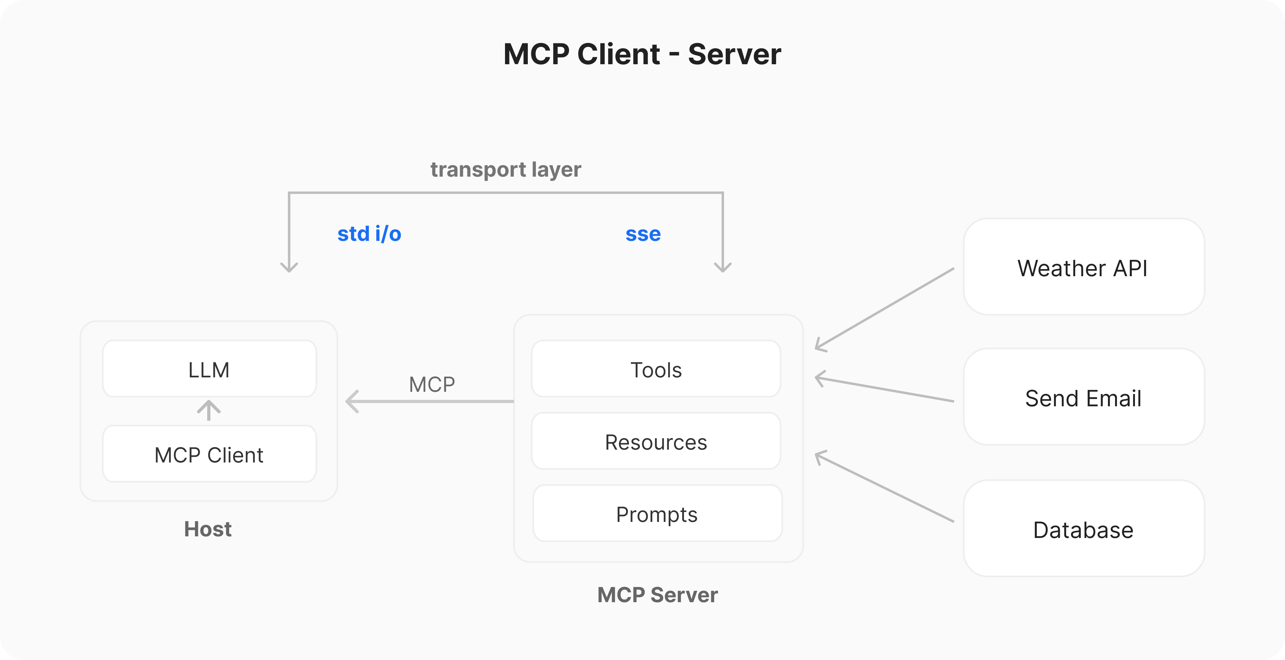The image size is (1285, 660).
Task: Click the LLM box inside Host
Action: [x=209, y=369]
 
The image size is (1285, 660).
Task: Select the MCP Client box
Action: [x=209, y=454]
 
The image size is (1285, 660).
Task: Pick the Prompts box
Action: [x=657, y=513]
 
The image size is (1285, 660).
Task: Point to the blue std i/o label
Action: [x=369, y=233]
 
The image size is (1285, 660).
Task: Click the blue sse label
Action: [x=643, y=233]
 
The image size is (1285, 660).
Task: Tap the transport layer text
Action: [x=505, y=169]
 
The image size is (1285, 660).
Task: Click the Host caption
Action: [x=208, y=529]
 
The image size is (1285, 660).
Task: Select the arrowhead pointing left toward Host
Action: [x=352, y=401]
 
